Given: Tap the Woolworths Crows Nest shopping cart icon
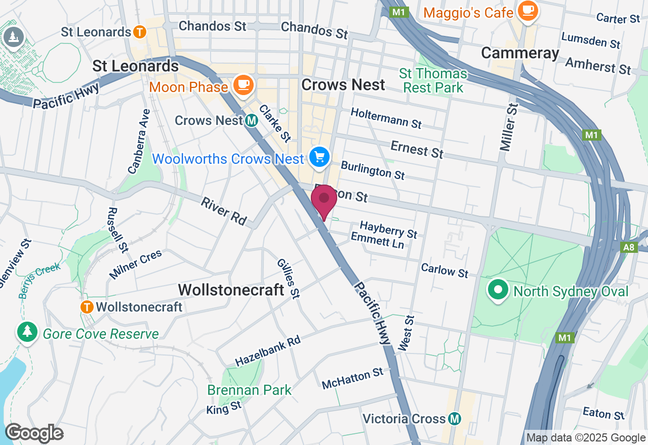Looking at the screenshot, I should [319, 158].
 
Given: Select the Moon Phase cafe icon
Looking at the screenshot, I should [244, 85].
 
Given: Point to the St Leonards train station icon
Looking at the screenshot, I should [140, 32].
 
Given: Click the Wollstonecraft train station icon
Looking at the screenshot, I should [87, 306].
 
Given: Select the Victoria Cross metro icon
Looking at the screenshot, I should [455, 419].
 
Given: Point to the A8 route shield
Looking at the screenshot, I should [629, 247].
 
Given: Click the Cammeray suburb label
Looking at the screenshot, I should [520, 53].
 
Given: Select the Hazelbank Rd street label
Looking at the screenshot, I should [268, 350].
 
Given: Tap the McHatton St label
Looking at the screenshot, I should [353, 378].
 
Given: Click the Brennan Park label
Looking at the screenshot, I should [250, 390].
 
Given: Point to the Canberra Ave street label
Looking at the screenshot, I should [139, 142].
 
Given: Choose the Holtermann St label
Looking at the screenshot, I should [386, 118].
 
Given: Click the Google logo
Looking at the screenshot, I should [34, 433].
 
